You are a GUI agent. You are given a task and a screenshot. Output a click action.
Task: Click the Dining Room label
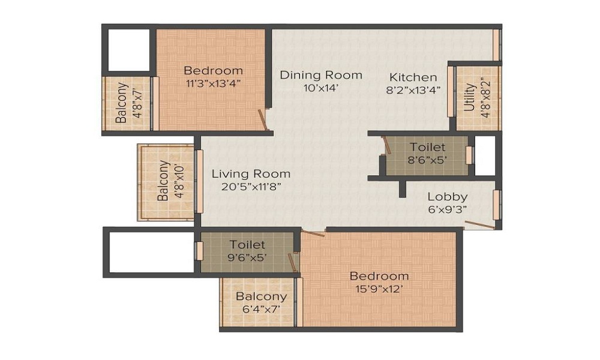pos(321,75)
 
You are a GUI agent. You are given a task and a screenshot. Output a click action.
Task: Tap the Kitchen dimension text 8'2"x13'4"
pos(413,91)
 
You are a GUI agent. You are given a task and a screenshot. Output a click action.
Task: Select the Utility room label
pos(470,98)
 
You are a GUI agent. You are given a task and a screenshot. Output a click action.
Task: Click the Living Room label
pos(251,173)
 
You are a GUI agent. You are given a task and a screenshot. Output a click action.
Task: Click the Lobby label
pos(448,196)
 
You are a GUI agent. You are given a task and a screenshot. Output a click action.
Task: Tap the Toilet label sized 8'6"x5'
pos(427,147)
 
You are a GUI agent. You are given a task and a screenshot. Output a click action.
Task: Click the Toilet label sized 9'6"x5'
pos(247,245)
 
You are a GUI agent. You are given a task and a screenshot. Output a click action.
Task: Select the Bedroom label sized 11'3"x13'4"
pos(213,70)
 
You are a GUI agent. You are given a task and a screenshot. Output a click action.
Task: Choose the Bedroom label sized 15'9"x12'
pos(379,276)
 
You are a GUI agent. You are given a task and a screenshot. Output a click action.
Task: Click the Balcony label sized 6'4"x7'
pos(261,296)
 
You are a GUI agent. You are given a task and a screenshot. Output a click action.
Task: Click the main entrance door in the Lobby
pos(480,225)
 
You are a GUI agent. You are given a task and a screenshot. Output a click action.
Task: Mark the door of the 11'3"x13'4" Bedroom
pos(262,120)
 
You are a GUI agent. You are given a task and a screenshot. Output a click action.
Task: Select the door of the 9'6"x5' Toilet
pos(292,262)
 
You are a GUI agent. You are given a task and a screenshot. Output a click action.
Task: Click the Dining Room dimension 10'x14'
pos(321,88)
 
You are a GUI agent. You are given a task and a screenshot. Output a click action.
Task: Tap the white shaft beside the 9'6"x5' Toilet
pos(150,251)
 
